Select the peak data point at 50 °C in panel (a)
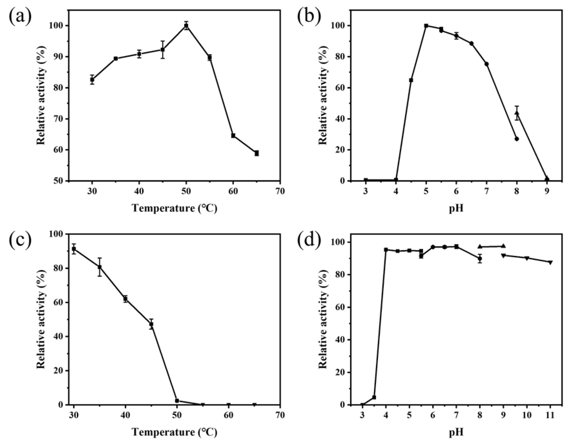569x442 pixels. pos(186,25)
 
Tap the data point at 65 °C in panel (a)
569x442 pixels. pos(257,153)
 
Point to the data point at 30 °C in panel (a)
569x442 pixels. pos(92,80)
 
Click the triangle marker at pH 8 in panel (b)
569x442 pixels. pos(517,113)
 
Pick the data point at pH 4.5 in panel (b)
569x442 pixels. pos(411,80)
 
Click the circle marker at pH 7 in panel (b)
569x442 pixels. pos(486,64)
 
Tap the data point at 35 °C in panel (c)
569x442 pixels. pos(100,267)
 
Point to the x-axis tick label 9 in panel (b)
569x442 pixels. pos(547,192)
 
